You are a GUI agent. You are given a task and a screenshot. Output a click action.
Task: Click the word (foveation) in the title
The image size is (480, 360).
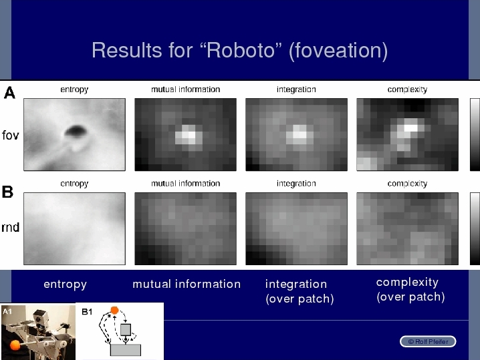coord(338,51)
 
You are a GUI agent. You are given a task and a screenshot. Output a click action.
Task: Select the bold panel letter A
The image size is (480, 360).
coord(9,92)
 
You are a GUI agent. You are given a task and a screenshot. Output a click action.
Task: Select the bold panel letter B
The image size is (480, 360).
coord(7,192)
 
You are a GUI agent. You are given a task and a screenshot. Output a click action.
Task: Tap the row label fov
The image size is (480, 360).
coord(11,135)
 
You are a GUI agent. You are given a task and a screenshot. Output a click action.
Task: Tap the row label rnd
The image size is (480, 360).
coord(11,228)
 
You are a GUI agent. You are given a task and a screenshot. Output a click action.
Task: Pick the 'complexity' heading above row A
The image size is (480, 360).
coord(407,89)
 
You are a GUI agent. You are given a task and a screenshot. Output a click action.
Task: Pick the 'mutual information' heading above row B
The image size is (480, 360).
coord(185,183)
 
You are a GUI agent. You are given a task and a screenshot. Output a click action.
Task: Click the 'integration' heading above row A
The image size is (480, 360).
coord(296,89)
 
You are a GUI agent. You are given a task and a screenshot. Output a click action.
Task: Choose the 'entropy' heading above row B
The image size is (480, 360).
coord(74,184)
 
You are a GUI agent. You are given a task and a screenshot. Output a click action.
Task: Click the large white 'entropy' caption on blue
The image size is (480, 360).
coord(66,284)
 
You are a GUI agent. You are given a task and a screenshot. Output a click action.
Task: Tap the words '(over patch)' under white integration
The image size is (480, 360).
coord(299,299)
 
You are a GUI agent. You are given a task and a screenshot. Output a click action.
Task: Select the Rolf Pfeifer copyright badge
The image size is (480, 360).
coord(428,342)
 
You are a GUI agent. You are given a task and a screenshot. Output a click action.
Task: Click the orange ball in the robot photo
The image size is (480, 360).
coord(15,345)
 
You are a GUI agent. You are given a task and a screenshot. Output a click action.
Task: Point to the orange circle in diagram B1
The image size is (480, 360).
coord(114,310)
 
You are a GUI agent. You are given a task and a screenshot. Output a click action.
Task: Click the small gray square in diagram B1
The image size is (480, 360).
coord(126,330)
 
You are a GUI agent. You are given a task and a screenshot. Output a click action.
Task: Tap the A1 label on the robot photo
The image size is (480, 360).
coord(7,311)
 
